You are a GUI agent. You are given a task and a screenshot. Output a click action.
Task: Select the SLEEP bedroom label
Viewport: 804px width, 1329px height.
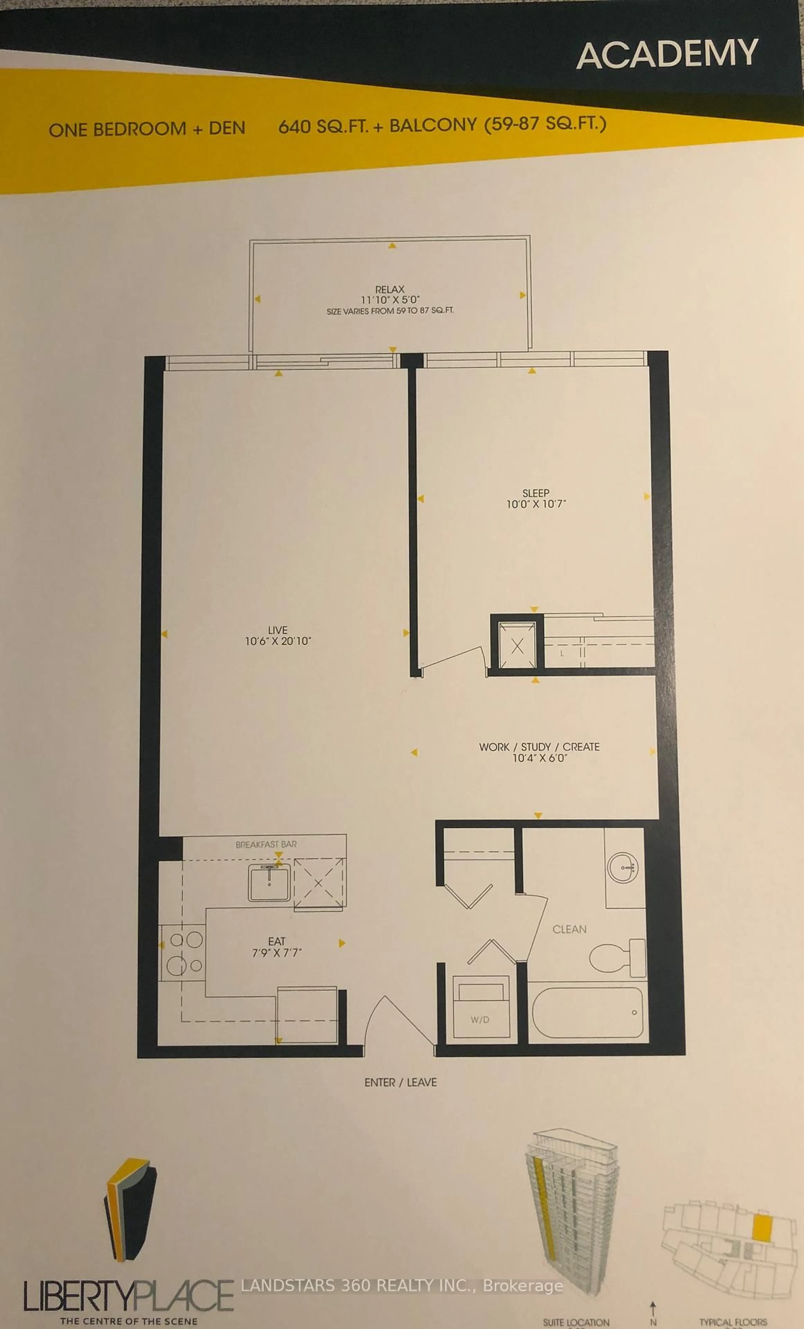coord(535,493)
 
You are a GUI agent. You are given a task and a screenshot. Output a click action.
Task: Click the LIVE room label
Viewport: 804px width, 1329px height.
coord(278,630)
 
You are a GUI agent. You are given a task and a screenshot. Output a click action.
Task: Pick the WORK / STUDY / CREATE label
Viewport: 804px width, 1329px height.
coord(539,747)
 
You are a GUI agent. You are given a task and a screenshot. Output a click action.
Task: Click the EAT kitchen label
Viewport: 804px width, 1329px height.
coord(277,941)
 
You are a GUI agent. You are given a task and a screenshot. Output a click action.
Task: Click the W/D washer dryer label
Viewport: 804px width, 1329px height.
coord(480,1020)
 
